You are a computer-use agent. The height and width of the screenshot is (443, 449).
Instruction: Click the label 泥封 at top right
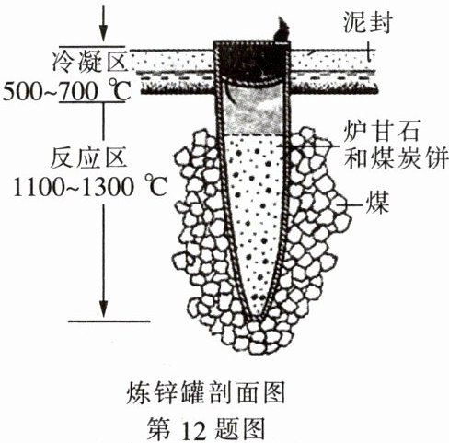[x=367, y=22]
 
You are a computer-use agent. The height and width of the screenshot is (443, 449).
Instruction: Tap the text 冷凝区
[x=89, y=62]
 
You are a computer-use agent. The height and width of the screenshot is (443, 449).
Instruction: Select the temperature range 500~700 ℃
[x=67, y=91]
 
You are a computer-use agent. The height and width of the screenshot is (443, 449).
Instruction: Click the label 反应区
[x=88, y=157]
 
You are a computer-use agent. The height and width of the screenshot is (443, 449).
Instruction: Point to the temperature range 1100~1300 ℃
[x=89, y=186]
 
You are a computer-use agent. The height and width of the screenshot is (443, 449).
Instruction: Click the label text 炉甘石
[x=381, y=132]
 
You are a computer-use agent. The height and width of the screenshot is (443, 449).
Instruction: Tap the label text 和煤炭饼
[x=396, y=158]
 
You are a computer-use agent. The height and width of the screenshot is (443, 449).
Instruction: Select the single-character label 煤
[x=377, y=203]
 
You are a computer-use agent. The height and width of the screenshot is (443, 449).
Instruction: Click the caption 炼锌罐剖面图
[x=206, y=392]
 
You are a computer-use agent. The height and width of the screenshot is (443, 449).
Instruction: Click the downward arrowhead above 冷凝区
[x=104, y=34]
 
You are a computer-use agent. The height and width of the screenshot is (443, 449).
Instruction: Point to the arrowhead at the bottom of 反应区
[x=104, y=309]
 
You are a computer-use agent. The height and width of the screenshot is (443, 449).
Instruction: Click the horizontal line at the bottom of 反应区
[x=109, y=321]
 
